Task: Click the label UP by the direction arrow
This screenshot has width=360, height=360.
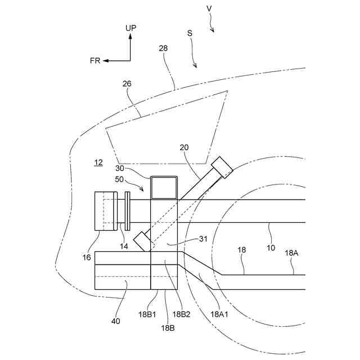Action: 130,28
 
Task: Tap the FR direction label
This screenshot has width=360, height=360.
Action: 94,61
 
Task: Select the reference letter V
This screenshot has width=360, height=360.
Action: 209,8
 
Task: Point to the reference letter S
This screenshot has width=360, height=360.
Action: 190,33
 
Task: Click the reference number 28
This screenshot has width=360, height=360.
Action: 163,49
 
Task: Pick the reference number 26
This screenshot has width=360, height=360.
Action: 127,84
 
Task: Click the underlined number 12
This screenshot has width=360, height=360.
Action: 98,163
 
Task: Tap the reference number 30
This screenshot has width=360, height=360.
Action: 120,168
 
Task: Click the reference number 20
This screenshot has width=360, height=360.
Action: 184,148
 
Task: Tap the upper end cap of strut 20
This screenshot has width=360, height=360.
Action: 223,166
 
